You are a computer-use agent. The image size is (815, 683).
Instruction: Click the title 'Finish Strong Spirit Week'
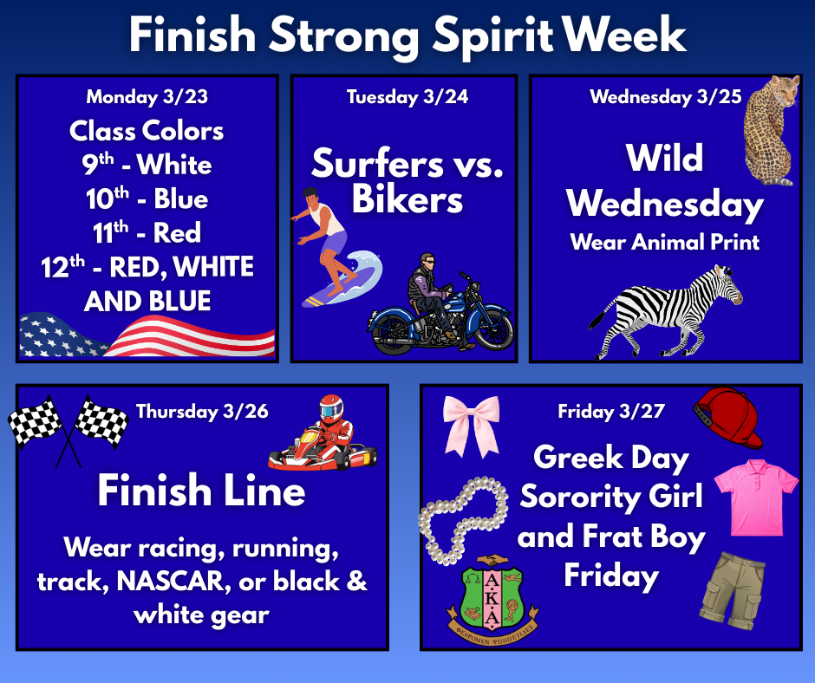[x=407, y=35]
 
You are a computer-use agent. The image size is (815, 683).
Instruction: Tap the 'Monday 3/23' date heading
[x=147, y=97]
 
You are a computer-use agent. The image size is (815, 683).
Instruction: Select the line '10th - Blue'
[x=147, y=198]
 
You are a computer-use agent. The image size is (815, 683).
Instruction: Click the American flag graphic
[x=147, y=336]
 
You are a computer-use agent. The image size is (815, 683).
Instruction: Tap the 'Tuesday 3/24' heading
[x=407, y=97]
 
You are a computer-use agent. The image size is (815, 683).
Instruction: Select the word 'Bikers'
[x=407, y=200]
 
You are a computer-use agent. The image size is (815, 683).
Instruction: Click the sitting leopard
[x=771, y=130]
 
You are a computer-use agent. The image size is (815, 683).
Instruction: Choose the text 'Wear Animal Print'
[x=664, y=242]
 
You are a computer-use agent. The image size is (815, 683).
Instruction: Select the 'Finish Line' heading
[x=201, y=491]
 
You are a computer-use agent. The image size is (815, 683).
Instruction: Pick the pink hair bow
[x=471, y=422]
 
